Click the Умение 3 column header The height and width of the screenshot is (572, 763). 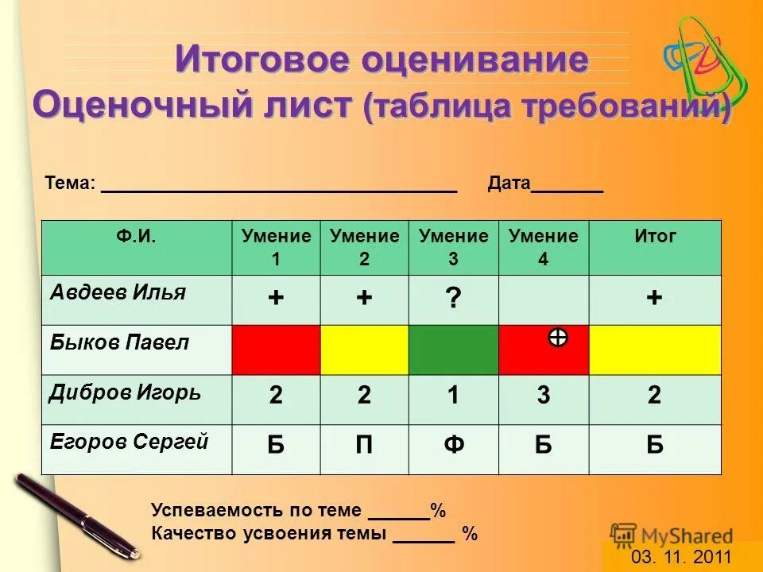coord(453,247)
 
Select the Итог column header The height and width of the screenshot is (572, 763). coord(655,236)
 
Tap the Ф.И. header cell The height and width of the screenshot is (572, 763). coord(136,236)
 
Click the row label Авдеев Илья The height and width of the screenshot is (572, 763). coord(118,292)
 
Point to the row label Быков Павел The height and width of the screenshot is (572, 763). coord(119,342)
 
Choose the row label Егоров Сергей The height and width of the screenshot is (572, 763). coord(129,443)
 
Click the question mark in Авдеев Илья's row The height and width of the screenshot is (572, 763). coord(453,299)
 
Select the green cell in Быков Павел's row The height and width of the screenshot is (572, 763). coord(453,350)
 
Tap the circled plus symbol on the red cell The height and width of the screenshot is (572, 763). coord(558,338)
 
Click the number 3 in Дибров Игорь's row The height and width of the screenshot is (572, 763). coord(544,396)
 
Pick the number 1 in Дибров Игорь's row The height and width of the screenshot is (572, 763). coord(453,396)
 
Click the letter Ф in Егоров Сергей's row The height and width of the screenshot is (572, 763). coord(453,445)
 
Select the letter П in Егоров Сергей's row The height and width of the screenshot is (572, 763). coord(364,445)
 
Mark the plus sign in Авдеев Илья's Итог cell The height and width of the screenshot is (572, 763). coord(654,298)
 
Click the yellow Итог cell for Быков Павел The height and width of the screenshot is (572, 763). coord(654,350)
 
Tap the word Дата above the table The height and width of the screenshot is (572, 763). coord(509,184)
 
